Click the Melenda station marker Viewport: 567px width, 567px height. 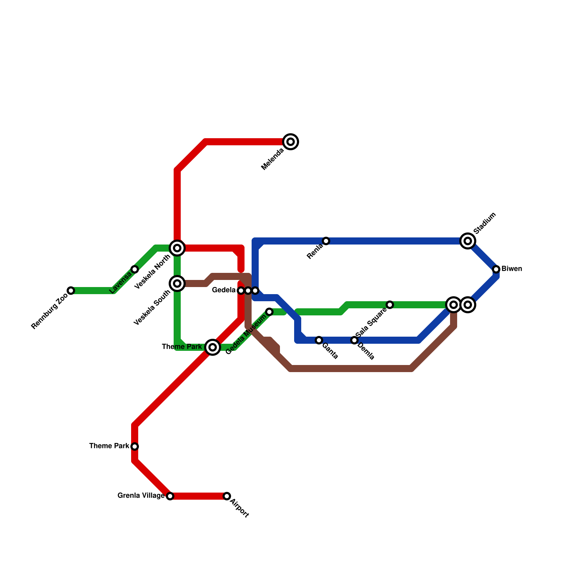(291, 142)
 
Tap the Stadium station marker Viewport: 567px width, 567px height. (468, 241)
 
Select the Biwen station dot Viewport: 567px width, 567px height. (496, 269)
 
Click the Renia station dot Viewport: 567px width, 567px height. (326, 241)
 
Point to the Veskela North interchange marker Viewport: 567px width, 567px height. (177, 248)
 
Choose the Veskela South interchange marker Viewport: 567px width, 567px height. (177, 283)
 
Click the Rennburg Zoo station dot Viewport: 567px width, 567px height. (71, 291)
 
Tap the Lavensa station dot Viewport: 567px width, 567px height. (135, 269)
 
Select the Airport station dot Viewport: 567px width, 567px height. (227, 496)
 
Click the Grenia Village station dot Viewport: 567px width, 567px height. (170, 496)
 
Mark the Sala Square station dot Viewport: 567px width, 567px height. (390, 305)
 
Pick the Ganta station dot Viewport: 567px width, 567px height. (319, 340)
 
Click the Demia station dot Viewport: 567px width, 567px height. (354, 340)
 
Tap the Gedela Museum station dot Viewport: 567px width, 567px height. (269, 312)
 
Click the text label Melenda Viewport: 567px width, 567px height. (273, 159)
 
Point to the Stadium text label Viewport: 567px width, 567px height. (485, 223)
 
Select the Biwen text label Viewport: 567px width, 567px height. (512, 269)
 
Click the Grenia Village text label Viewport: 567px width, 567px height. (141, 496)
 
